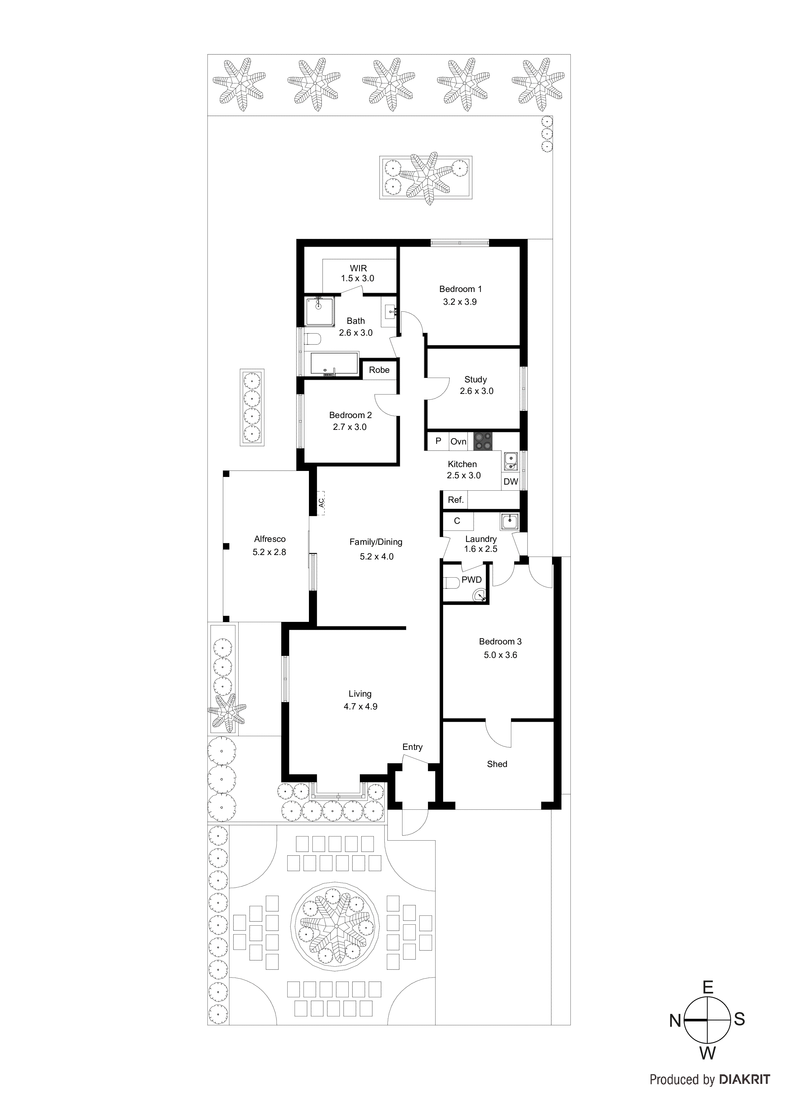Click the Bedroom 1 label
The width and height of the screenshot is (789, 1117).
(x=460, y=289)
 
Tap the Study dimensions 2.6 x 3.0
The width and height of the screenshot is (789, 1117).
(x=476, y=391)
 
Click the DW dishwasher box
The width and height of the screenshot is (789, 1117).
(x=510, y=482)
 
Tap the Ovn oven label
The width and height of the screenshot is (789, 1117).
(x=458, y=441)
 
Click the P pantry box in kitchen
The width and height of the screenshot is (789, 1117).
(x=438, y=441)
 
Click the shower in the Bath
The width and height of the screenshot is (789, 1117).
(x=319, y=311)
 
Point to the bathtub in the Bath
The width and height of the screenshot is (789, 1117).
(x=334, y=365)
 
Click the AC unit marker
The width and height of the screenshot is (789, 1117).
(x=321, y=502)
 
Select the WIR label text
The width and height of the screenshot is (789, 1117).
(x=358, y=268)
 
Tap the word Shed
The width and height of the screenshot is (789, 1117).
(x=497, y=764)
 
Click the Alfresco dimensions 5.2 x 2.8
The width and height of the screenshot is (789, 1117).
(x=269, y=552)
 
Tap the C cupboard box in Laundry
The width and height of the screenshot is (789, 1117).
(x=457, y=521)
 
